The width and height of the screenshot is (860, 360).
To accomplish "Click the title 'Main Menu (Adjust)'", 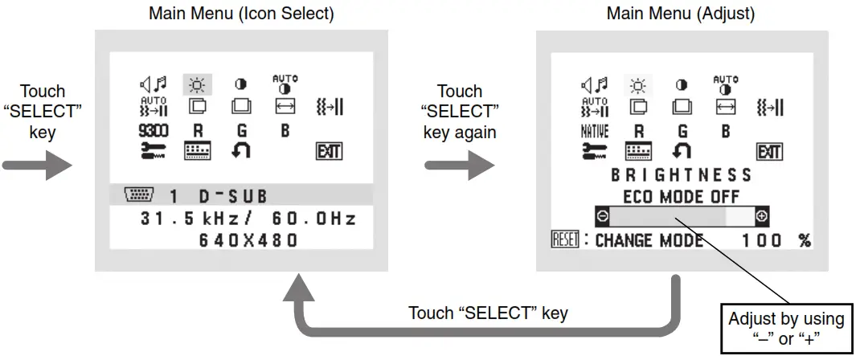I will coord(680,14).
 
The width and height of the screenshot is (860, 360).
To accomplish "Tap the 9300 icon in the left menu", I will coord(153,129).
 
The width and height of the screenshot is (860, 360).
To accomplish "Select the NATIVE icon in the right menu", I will coord(595,130).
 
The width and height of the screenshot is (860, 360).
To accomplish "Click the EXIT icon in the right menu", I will coord(769,151).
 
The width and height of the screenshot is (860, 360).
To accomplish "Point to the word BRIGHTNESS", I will coord(682,174).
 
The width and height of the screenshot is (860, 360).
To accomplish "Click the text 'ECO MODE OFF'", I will coord(682,196).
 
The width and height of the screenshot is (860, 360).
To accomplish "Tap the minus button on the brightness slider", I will coord(602,215).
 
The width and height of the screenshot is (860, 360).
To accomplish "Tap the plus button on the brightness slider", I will coord(762,215).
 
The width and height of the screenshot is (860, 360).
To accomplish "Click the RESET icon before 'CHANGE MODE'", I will coord(565,240).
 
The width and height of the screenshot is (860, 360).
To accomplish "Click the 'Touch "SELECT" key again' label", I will coord(461,111).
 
